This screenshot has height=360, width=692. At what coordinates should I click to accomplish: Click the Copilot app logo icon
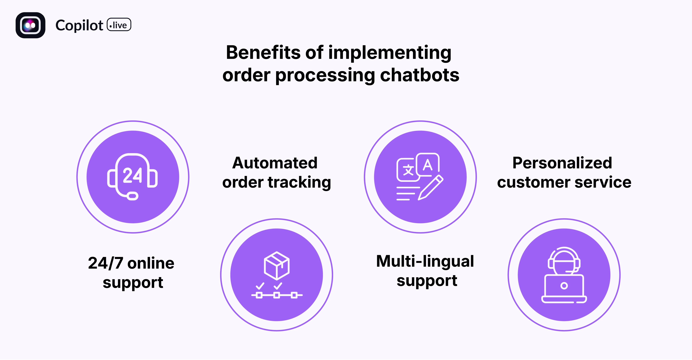click(x=30, y=25)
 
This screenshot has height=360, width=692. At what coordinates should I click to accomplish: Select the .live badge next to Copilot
click(x=119, y=25)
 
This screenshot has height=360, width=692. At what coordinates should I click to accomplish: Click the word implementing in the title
click(x=390, y=53)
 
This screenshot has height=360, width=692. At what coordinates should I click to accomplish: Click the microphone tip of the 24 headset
click(x=133, y=196)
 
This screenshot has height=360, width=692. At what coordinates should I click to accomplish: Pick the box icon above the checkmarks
click(x=277, y=266)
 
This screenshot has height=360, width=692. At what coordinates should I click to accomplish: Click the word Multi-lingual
click(x=425, y=261)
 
